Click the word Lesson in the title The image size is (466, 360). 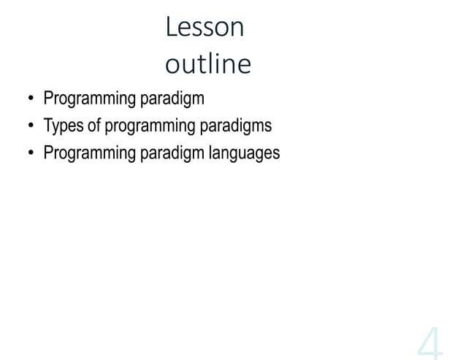205,28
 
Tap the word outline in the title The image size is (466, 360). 208,65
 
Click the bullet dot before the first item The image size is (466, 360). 31,99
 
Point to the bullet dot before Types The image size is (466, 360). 31,127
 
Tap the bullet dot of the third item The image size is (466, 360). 31,154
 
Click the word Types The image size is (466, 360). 64,126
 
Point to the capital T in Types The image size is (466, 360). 47,126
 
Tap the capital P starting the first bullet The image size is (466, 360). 48,98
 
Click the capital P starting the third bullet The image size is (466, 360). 48,153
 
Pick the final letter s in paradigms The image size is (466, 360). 268,126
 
